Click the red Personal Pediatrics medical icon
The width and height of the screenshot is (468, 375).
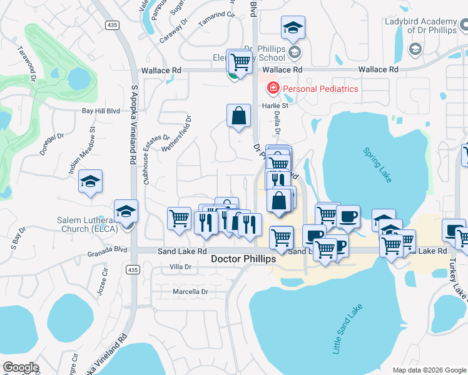point(273,89)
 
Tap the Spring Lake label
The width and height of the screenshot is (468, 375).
point(378,165)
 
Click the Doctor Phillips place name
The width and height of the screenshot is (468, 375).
point(243,258)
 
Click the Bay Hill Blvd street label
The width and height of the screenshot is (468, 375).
point(101,111)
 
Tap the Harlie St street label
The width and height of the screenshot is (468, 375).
point(275,106)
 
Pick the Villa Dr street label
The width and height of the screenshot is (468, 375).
point(181,267)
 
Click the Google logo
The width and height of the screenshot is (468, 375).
point(21,367)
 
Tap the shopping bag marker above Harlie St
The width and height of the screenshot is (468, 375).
point(238,116)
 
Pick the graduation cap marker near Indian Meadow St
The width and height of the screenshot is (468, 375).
point(91,182)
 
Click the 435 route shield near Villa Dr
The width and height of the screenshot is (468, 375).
point(131,269)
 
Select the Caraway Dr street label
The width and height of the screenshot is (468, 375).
point(174,30)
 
